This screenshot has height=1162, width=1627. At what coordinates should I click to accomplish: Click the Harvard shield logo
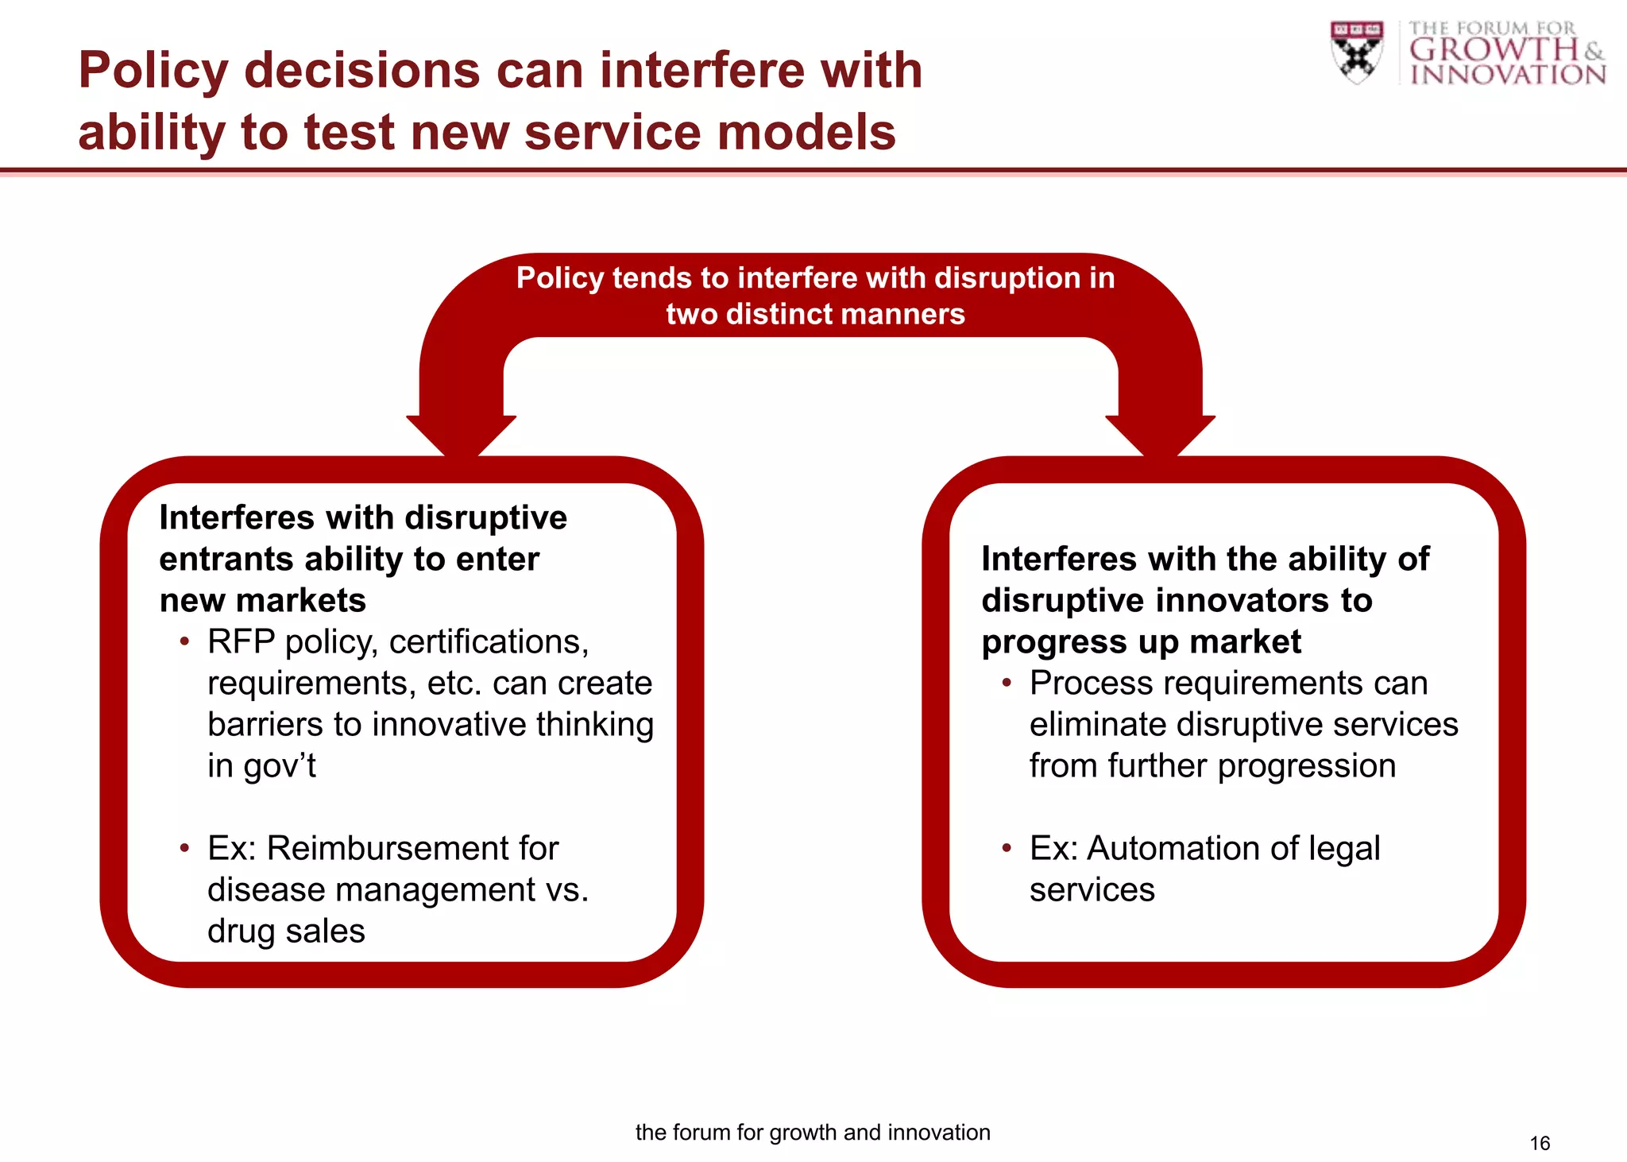(x=1357, y=52)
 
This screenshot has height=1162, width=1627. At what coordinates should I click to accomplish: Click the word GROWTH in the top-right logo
(x=1494, y=50)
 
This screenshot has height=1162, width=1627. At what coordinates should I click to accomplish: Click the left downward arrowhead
(x=461, y=435)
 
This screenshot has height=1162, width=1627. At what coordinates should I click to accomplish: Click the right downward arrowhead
(x=1161, y=435)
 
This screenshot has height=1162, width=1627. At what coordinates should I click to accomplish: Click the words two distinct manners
(x=815, y=315)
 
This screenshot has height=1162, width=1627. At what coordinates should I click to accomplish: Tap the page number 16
(x=1540, y=1143)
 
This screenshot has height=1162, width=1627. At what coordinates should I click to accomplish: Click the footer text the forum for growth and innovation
(x=813, y=1132)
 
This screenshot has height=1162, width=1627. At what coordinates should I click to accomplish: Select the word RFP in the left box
(x=241, y=642)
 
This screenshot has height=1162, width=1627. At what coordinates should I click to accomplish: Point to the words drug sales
(x=286, y=932)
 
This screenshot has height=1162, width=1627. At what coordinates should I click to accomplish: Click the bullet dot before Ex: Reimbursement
(x=184, y=849)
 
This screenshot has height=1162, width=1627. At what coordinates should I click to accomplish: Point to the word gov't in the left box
(x=280, y=766)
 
